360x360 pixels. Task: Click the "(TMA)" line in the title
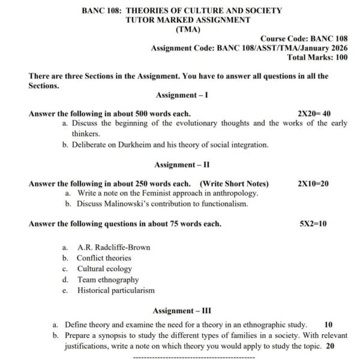(187, 29)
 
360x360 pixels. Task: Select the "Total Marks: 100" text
(317, 58)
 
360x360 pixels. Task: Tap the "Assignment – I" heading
(181, 95)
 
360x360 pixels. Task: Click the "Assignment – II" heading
(181, 164)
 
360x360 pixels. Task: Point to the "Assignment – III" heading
(181, 311)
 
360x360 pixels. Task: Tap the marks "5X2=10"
(313, 224)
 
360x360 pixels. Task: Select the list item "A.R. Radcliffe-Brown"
(114, 247)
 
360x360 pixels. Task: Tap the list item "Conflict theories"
(104, 258)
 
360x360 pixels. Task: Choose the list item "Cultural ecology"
(104, 269)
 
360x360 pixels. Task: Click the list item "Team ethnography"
(108, 280)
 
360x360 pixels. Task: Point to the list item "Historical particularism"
(116, 290)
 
